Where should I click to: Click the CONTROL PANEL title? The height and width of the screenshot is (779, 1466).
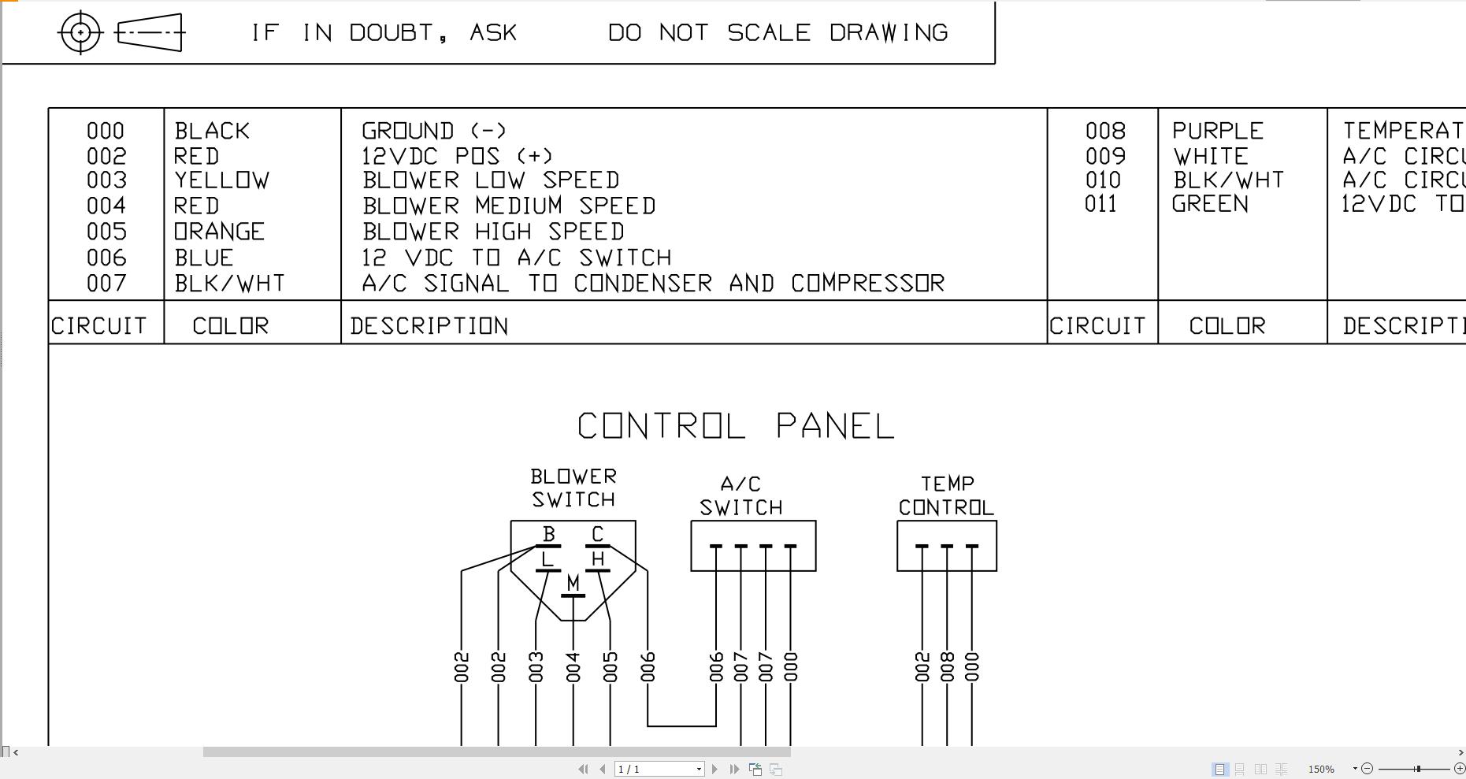pyautogui.click(x=736, y=426)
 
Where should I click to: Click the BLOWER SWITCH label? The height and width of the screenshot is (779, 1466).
pyautogui.click(x=573, y=488)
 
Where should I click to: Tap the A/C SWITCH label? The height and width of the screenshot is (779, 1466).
pyautogui.click(x=740, y=496)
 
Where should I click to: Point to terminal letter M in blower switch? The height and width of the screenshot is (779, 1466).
pyautogui.click(x=573, y=584)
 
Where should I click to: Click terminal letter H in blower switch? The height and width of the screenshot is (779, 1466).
pyautogui.click(x=598, y=559)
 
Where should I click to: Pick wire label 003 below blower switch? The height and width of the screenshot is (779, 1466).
pyautogui.click(x=536, y=667)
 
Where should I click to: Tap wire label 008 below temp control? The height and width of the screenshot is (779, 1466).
pyautogui.click(x=948, y=667)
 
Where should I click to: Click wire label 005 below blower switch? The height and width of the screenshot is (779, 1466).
pyautogui.click(x=611, y=667)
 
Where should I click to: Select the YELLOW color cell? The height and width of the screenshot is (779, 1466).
pyautogui.click(x=221, y=180)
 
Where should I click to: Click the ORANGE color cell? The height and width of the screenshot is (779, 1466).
pyautogui.click(x=219, y=232)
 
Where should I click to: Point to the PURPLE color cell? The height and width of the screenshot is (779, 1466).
pyautogui.click(x=1218, y=131)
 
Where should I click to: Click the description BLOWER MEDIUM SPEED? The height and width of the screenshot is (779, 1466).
pyautogui.click(x=509, y=206)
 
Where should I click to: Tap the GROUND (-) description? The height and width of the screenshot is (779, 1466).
pyautogui.click(x=434, y=131)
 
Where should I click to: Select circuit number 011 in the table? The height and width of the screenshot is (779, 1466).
pyautogui.click(x=1100, y=205)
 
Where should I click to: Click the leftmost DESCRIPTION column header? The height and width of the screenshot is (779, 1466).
pyautogui.click(x=429, y=326)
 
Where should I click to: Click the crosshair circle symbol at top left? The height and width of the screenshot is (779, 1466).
pyautogui.click(x=80, y=33)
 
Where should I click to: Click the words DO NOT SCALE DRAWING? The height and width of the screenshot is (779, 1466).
pyautogui.click(x=778, y=33)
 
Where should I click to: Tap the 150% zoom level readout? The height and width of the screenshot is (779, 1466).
pyautogui.click(x=1321, y=769)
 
